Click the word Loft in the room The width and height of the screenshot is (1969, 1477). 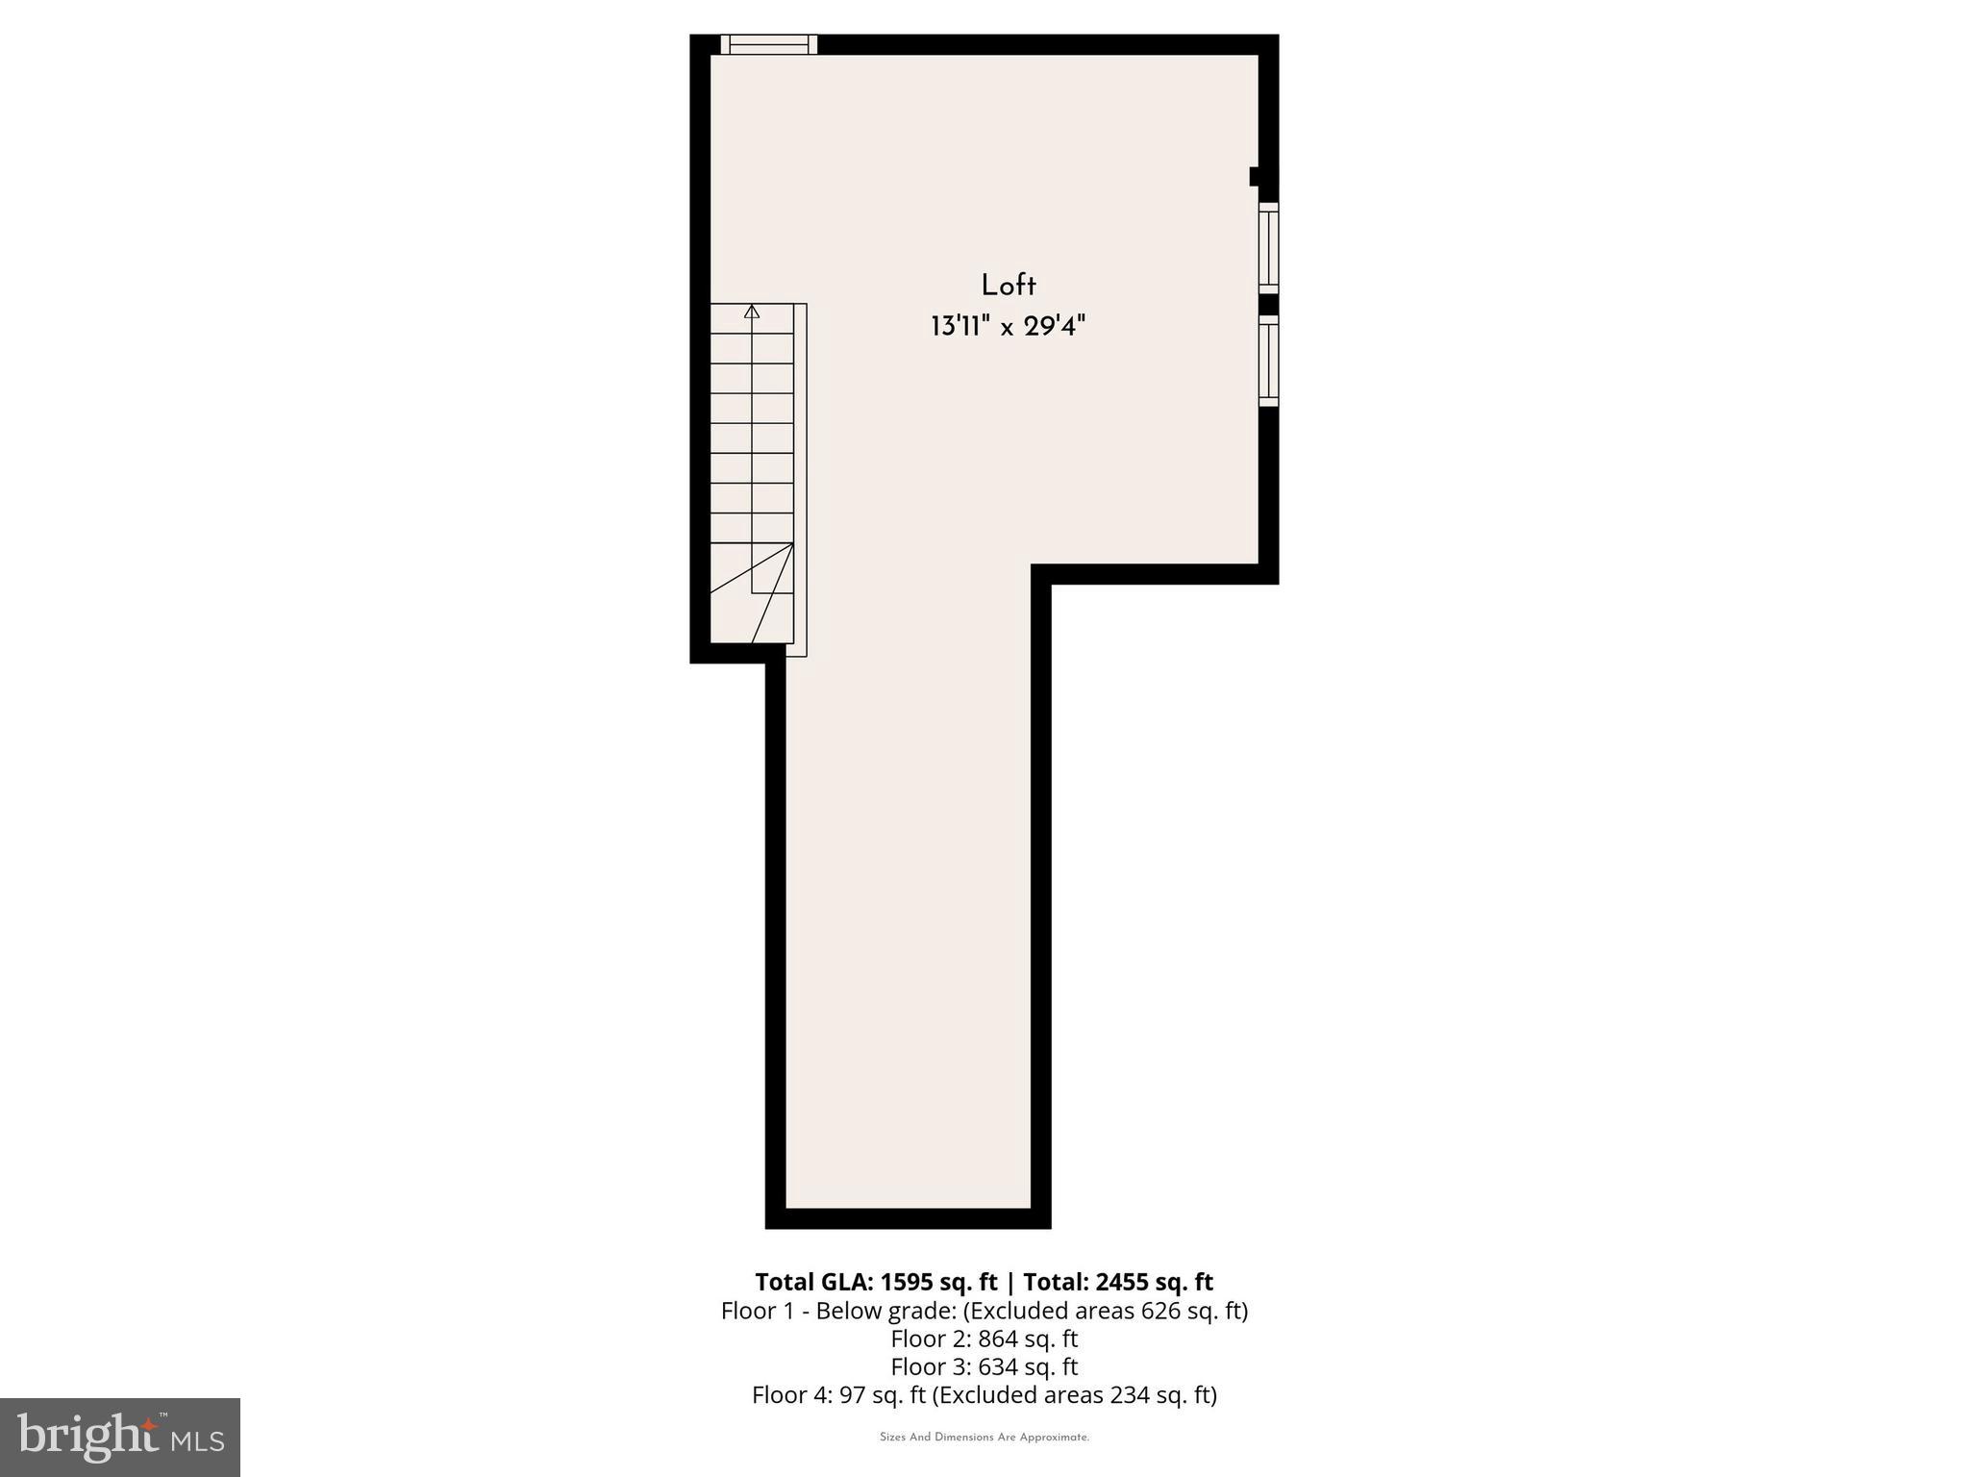tap(1009, 286)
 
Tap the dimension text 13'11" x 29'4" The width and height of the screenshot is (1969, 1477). tap(1008, 327)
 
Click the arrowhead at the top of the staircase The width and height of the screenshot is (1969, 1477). tap(752, 312)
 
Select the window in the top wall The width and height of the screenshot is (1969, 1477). tap(768, 44)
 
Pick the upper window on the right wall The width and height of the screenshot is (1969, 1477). tap(1269, 247)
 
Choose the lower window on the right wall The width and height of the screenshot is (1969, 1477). tap(1269, 361)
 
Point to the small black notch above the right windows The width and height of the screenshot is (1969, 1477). tap(1255, 176)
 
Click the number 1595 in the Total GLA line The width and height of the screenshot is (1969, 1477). tap(908, 1282)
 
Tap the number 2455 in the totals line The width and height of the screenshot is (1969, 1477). tap(1120, 1282)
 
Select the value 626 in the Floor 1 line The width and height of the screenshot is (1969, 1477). tap(1159, 1311)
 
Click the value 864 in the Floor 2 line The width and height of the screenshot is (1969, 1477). tap(998, 1339)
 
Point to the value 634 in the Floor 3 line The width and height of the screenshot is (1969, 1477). tap(998, 1366)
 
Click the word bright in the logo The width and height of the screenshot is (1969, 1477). tap(88, 1435)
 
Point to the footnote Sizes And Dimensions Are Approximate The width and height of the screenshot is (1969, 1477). tap(984, 1438)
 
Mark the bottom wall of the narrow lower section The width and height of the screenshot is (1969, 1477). tap(908, 1218)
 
